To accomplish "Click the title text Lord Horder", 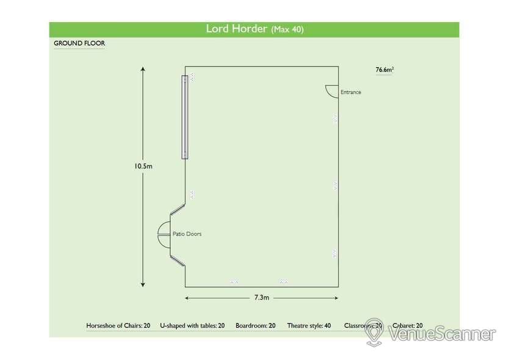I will pyautogui.click(x=236, y=29).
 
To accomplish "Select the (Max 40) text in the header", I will pyautogui.click(x=287, y=29).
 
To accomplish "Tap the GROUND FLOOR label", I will pyautogui.click(x=79, y=44).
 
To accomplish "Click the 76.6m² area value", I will pyautogui.click(x=384, y=70).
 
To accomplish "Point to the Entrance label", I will pyautogui.click(x=350, y=92).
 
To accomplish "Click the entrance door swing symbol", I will pyautogui.click(x=330, y=91).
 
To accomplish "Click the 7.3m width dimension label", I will pyautogui.click(x=261, y=298).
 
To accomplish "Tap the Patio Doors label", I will pyautogui.click(x=187, y=234).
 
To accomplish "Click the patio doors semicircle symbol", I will pyautogui.click(x=165, y=234).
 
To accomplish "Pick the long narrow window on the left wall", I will pyautogui.click(x=184, y=117).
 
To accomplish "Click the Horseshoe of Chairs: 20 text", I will pyautogui.click(x=118, y=326).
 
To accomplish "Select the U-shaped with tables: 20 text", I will pyautogui.click(x=192, y=326).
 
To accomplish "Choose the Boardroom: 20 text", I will pyautogui.click(x=255, y=326).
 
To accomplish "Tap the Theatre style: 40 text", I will pyautogui.click(x=309, y=326).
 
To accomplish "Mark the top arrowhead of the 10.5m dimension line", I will pyautogui.click(x=143, y=70).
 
